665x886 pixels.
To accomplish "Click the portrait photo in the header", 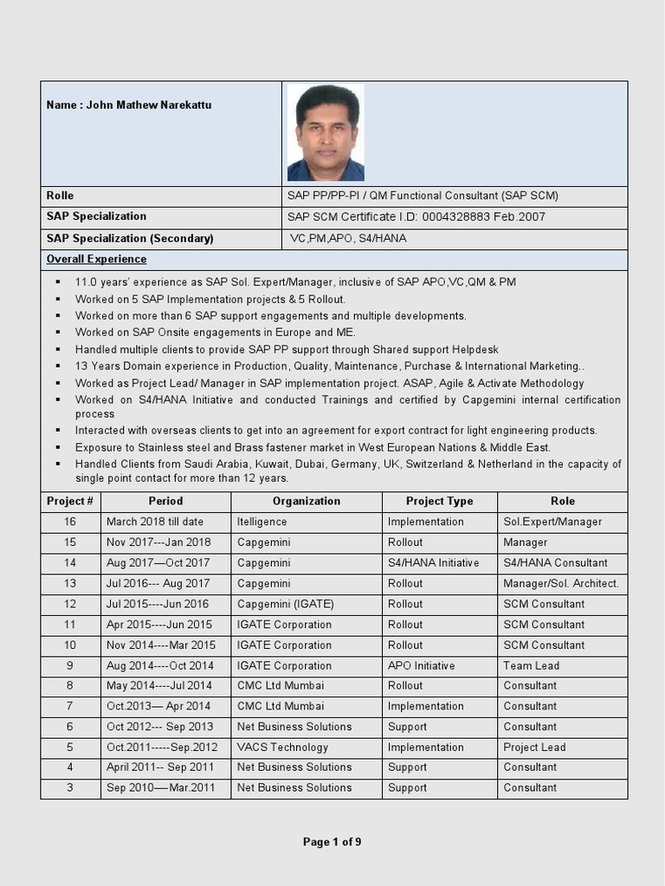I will coord(326,132).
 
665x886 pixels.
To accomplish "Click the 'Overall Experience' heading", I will coord(96,260).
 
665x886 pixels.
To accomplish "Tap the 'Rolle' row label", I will coord(60,196).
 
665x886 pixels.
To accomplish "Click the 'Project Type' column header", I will coord(440,502).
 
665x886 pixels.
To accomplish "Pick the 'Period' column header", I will coord(165,502).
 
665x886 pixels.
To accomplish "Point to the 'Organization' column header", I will coord(307,502).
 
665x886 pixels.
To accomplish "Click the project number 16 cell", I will coord(70,523).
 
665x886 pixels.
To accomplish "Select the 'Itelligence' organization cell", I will coord(261,523).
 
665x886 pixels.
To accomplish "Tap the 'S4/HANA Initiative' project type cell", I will coord(433,563).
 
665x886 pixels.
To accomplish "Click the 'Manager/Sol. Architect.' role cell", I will coord(560,584).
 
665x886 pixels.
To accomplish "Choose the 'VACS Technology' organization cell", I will coord(282,748).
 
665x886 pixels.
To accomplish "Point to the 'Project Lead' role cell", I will coord(534,748).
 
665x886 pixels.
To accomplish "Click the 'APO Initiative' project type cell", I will coord(421,666).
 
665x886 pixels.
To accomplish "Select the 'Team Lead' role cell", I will coord(531,666).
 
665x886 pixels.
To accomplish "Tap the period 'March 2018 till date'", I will coord(155,523).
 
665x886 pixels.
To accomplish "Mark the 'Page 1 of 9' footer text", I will coord(332,843).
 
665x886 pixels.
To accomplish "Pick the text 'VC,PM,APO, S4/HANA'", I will coord(348,239).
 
